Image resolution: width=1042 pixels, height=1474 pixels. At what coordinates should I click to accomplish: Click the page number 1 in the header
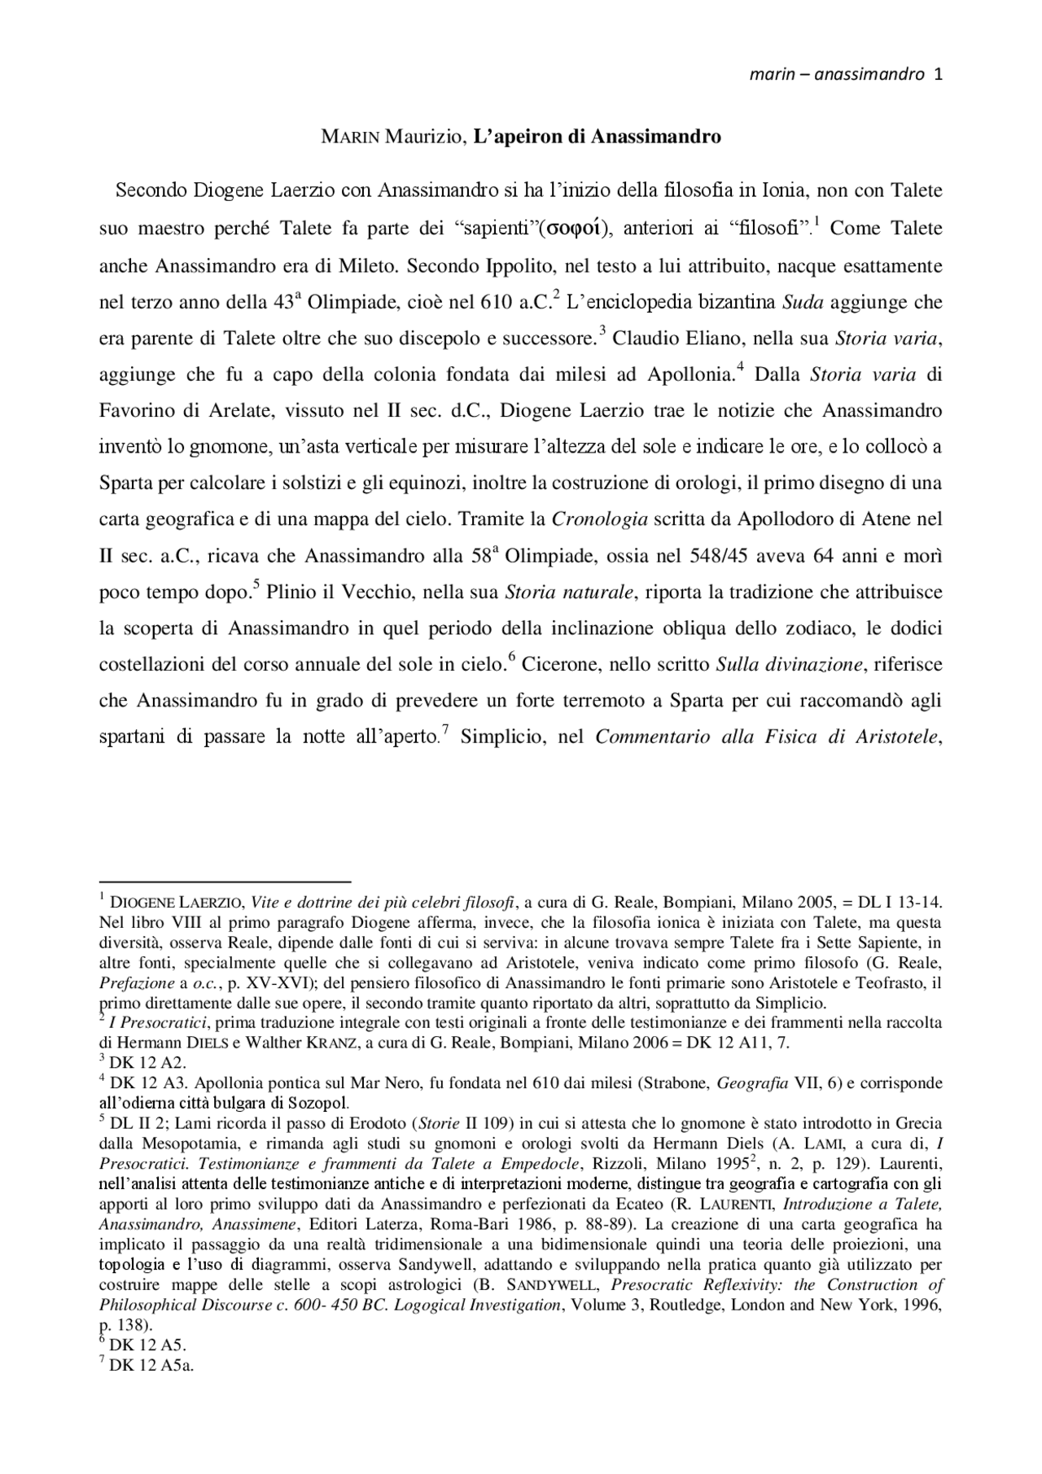tap(939, 75)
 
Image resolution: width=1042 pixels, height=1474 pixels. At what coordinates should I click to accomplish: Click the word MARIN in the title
tap(350, 137)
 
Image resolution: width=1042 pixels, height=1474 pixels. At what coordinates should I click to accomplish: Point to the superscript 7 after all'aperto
tap(445, 732)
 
